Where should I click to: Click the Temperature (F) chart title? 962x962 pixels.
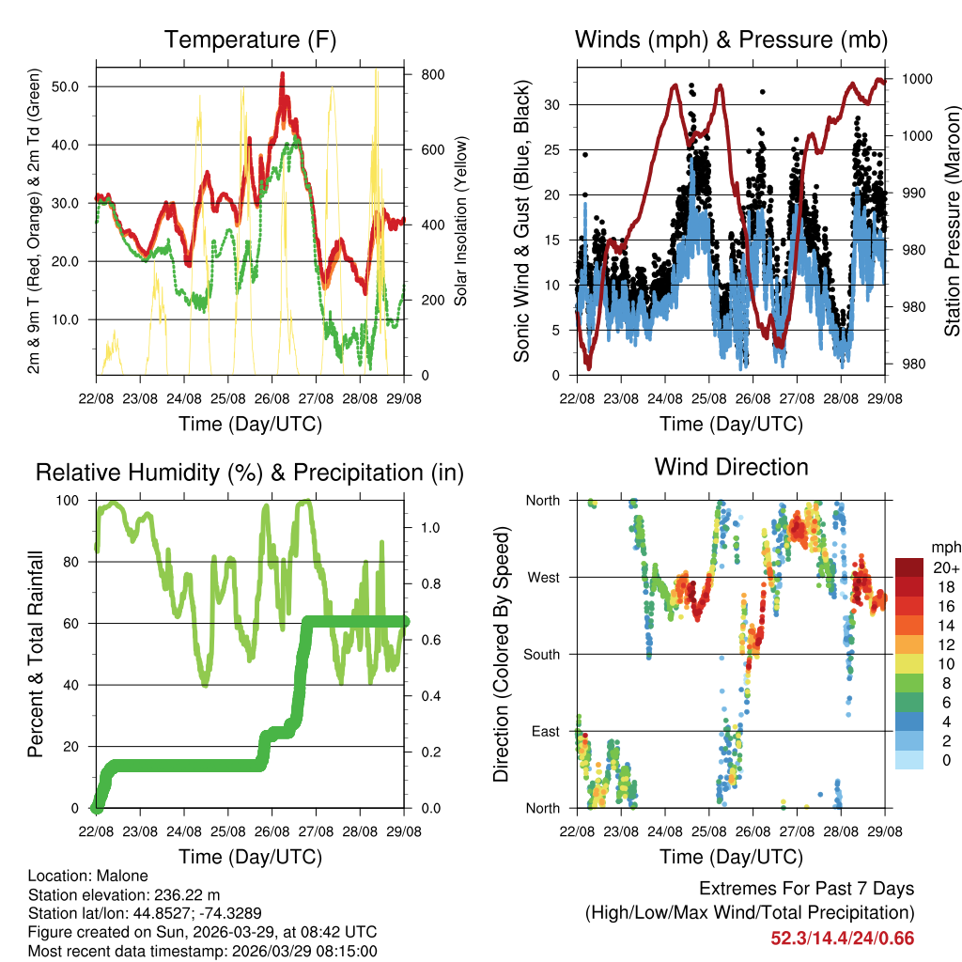click(250, 39)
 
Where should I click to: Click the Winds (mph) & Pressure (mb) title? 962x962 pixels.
click(731, 39)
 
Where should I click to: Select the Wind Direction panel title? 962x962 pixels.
click(731, 467)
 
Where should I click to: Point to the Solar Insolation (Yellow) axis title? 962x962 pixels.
click(460, 221)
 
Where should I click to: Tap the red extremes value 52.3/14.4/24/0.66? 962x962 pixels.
click(842, 938)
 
